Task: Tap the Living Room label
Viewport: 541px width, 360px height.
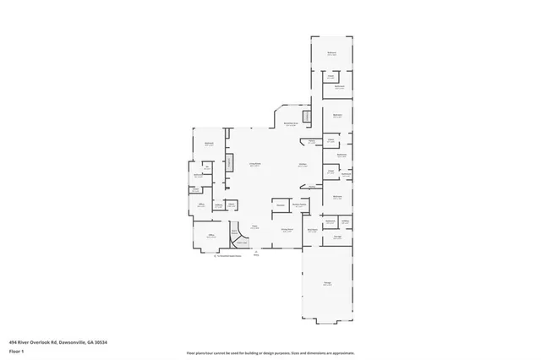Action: click(x=254, y=165)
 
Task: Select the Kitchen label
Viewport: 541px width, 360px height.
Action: click(x=302, y=165)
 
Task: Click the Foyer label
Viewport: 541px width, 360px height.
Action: click(x=254, y=226)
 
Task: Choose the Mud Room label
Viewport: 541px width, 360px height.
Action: click(x=312, y=230)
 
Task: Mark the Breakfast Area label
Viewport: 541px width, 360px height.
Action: click(x=290, y=124)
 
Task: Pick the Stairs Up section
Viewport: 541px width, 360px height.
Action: click(x=242, y=243)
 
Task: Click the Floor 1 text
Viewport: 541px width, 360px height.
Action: click(x=17, y=350)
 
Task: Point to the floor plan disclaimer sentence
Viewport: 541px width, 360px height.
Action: click(x=270, y=352)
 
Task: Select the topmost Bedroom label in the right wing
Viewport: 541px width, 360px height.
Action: click(x=331, y=53)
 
